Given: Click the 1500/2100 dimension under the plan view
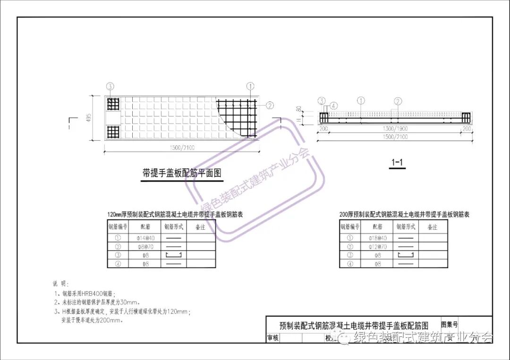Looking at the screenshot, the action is coord(182,148).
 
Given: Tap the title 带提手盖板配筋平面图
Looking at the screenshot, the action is coord(182,173).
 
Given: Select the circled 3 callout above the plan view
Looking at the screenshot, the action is coord(110,86).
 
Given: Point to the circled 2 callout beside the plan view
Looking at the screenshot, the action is coord(270,105).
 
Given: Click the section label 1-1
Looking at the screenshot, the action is coord(396,163).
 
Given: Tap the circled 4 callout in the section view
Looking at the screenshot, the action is coord(333,106).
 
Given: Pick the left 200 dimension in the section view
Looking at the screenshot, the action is coord(323,129).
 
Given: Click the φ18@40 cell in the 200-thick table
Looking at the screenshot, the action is coord(378,238).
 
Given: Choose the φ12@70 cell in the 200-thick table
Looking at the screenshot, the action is coord(378,247).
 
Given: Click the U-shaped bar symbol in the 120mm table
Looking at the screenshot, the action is coord(173,255).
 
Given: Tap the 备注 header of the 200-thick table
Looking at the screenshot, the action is coord(432,227).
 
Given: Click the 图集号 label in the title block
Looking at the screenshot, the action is coord(449,325).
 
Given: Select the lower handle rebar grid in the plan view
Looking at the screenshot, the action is coord(113,132).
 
